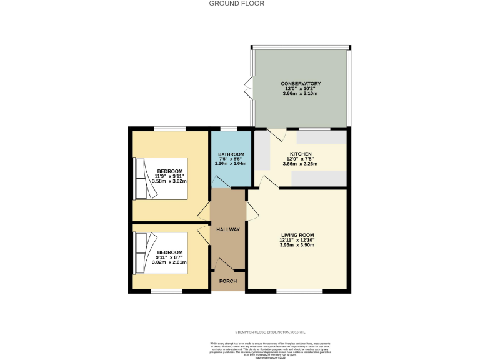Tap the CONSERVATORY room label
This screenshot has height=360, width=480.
pyautogui.click(x=301, y=83)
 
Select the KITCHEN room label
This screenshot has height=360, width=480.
pyautogui.click(x=301, y=153)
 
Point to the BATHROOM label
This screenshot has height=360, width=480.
pyautogui.click(x=231, y=154)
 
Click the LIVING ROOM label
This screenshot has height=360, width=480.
pyautogui.click(x=297, y=235)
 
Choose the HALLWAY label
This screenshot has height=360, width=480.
pyautogui.click(x=228, y=229)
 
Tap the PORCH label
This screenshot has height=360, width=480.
pyautogui.click(x=227, y=281)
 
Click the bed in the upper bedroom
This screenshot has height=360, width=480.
pyautogui.click(x=161, y=177)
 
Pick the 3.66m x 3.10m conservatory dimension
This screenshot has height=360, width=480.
pyautogui.click(x=301, y=94)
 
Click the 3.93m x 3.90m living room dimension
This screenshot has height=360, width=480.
pyautogui.click(x=297, y=245)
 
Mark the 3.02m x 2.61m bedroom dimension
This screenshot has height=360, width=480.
pyautogui.click(x=169, y=262)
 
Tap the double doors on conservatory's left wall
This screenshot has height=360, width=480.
pyautogui.click(x=249, y=88)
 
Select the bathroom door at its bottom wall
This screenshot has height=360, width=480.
pyautogui.click(x=219, y=182)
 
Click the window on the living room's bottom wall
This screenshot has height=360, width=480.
pyautogui.click(x=299, y=291)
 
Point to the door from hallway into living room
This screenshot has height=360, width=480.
pyautogui.click(x=252, y=211)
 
